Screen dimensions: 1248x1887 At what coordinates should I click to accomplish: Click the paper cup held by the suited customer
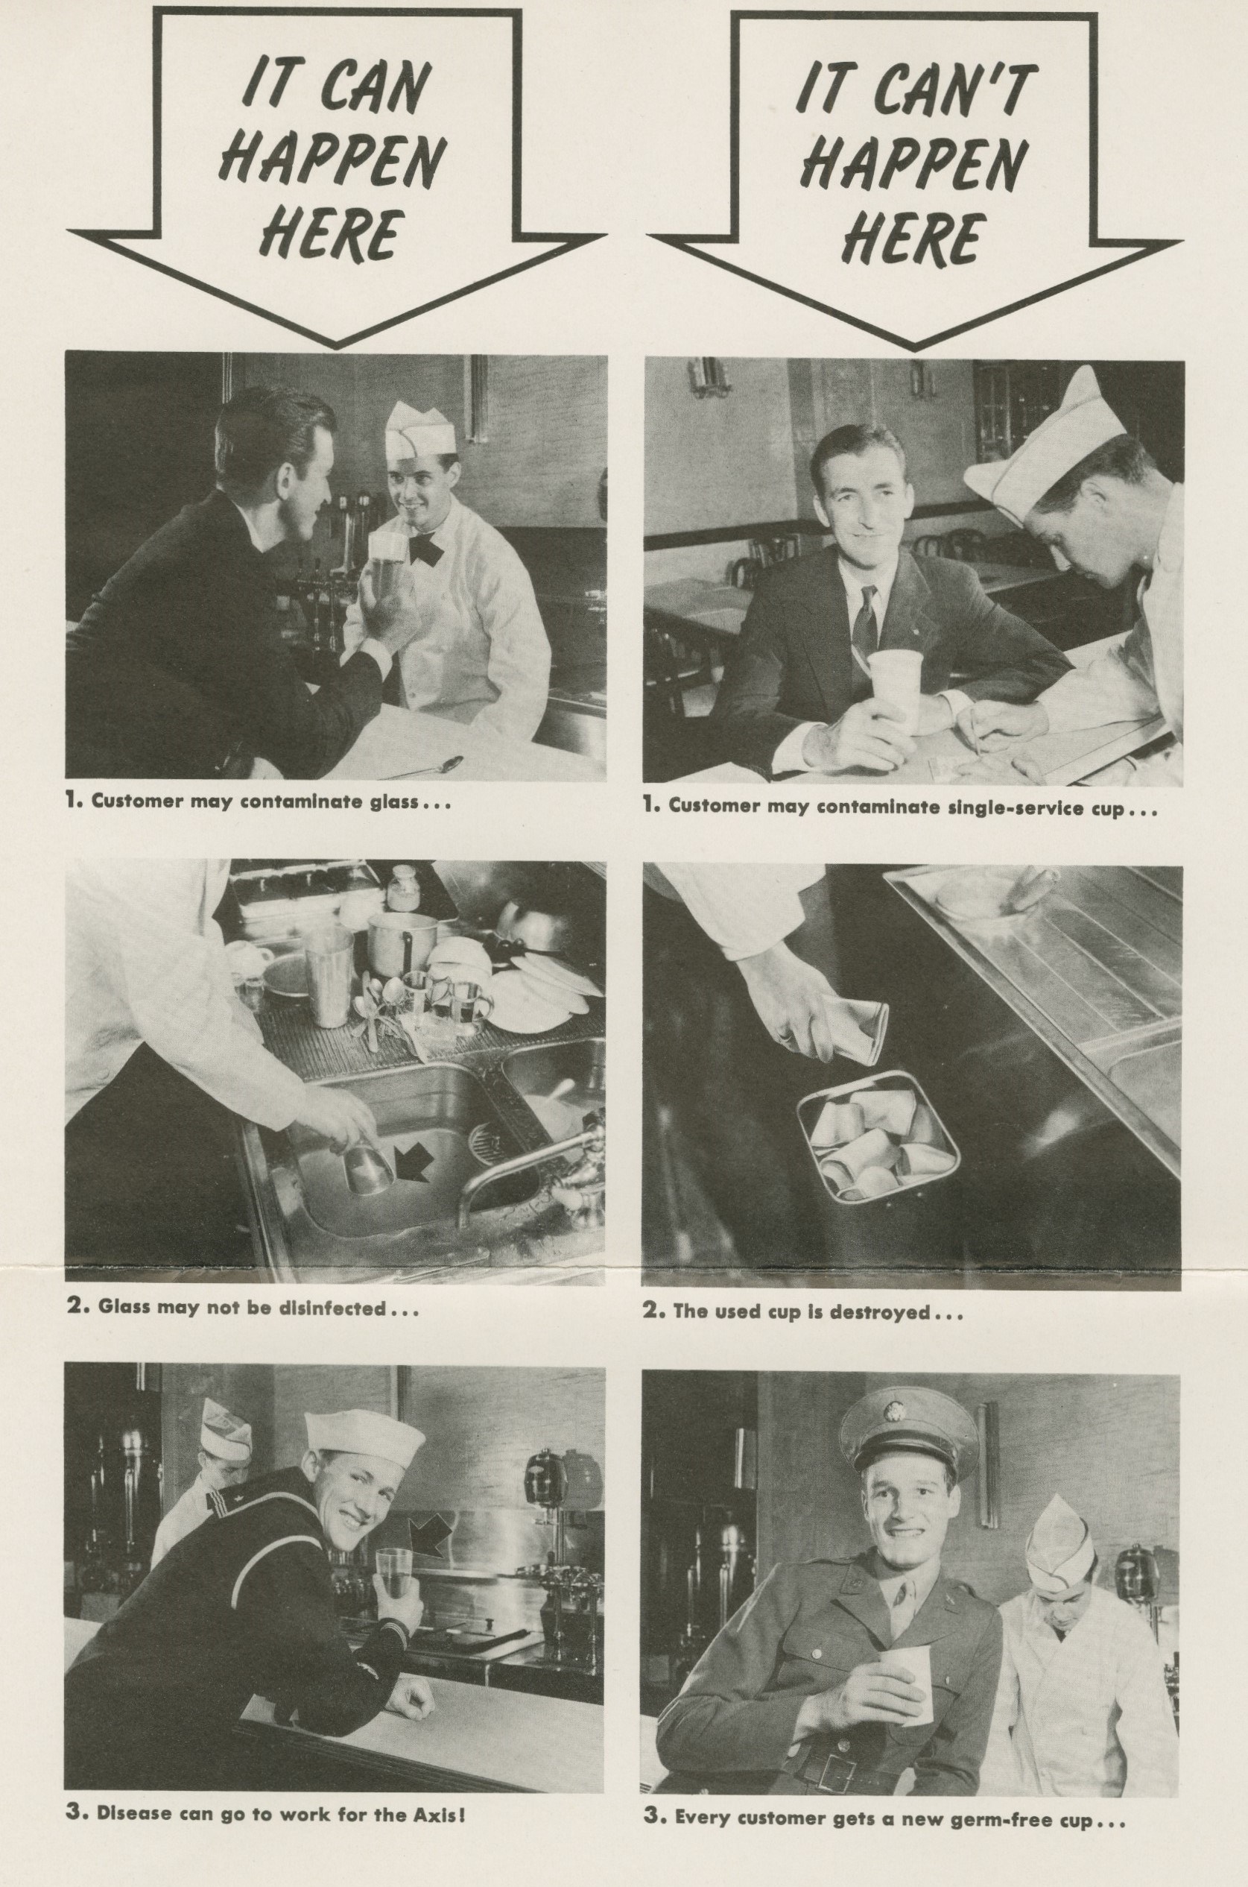895,690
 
